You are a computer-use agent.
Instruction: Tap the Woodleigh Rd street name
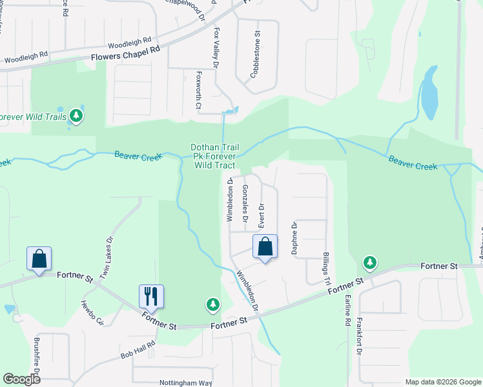click(128, 43)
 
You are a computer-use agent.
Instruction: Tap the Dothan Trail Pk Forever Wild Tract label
click(213, 156)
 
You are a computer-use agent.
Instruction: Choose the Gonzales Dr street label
click(245, 203)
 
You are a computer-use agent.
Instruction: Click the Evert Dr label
click(262, 215)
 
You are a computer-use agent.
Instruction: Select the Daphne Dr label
click(293, 238)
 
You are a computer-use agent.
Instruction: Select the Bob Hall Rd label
click(138, 351)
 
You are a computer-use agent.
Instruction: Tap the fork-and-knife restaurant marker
click(151, 297)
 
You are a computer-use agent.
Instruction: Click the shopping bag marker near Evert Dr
click(265, 246)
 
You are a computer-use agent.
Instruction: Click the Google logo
click(21, 379)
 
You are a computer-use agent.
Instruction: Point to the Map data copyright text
click(442, 382)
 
